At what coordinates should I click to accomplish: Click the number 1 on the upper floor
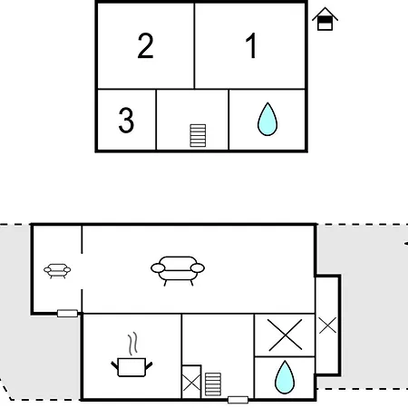coord(251,45)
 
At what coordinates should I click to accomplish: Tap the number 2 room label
coord(145,45)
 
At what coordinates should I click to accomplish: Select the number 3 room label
coord(126,121)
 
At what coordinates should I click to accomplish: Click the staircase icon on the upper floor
coord(198,135)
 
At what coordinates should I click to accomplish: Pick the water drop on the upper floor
coord(267,120)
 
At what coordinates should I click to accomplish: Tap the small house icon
coord(325,19)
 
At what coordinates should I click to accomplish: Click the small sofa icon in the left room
coord(57,270)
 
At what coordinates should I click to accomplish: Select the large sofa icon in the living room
coord(178,270)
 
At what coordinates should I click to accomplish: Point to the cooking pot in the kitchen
coord(131,367)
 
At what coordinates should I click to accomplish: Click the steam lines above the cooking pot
coord(132,344)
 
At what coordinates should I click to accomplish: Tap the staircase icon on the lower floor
coord(213,384)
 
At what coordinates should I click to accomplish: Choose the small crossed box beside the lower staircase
coord(191,382)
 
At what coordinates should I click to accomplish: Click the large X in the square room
coord(285,335)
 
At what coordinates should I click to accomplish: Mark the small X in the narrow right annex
coord(327,325)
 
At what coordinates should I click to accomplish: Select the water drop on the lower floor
coord(285,377)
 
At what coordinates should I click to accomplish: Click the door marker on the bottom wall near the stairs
coord(238,400)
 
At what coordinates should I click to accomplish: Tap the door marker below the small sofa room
coord(67,314)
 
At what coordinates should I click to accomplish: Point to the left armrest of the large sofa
coord(158,268)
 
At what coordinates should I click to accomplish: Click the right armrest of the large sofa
coord(198,268)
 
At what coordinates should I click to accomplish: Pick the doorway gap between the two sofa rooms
coord(82,271)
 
